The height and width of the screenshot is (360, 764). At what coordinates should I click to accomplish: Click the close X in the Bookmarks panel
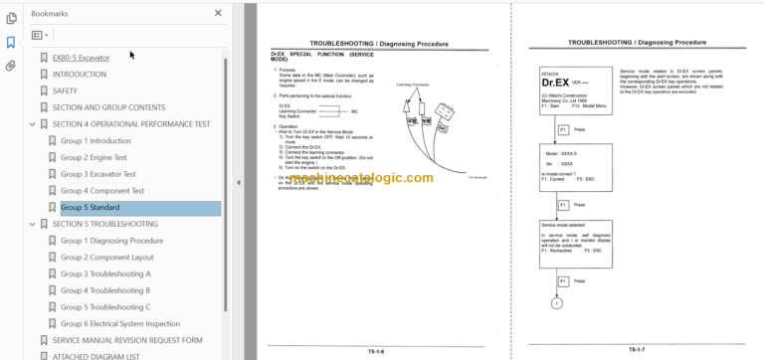click(218, 14)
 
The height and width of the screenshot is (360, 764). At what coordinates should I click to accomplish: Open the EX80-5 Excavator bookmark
click(81, 58)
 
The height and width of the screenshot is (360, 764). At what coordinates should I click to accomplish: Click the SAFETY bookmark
click(65, 90)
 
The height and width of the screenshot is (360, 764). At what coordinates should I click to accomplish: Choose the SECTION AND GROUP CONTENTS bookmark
click(108, 107)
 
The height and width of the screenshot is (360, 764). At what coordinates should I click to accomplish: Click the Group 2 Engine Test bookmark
click(94, 157)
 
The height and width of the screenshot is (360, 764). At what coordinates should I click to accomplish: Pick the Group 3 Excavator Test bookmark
click(97, 174)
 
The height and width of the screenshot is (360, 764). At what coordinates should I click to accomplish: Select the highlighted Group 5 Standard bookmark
click(91, 207)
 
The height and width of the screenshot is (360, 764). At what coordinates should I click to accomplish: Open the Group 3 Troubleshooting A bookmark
click(105, 273)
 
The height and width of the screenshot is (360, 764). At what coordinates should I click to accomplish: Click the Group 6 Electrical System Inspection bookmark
click(128, 323)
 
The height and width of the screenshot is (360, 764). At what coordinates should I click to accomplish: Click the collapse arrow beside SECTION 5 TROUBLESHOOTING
click(33, 224)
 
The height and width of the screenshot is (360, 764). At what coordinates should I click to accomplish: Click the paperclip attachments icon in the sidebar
click(10, 66)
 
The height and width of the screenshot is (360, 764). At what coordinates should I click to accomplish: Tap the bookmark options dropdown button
click(40, 35)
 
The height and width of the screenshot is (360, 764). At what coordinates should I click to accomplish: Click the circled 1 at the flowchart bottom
click(557, 302)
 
